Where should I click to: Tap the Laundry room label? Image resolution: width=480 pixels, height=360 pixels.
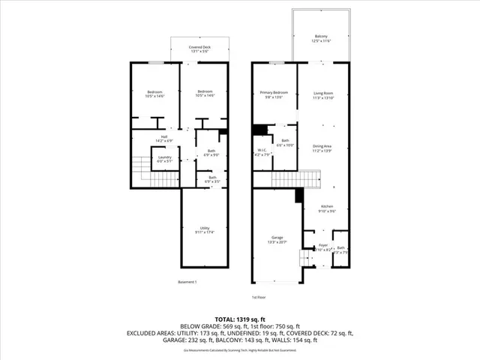tap(164, 158)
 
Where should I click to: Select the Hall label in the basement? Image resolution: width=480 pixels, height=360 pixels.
tap(163, 139)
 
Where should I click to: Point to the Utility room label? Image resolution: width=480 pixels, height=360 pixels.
tap(204, 230)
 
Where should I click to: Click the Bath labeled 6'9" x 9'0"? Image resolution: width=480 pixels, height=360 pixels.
tap(211, 153)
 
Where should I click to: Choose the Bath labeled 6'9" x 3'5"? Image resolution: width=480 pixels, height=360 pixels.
tap(211, 179)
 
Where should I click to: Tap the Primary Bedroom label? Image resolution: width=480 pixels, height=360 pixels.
tap(274, 94)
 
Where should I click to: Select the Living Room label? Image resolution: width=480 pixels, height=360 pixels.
tap(322, 94)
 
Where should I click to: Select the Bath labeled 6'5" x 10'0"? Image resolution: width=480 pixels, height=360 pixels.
tap(285, 142)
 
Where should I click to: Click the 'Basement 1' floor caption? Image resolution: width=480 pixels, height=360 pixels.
tap(187, 282)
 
